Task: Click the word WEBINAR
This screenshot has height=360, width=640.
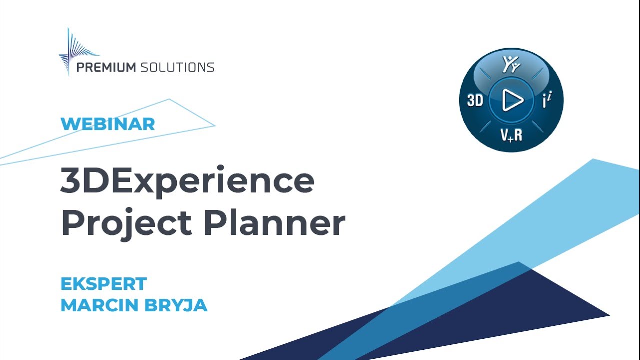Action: pos(108,124)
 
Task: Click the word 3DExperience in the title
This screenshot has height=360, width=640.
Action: pos(187,182)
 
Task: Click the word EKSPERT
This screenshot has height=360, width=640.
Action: pos(103,284)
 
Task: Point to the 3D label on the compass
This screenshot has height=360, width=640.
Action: pos(475,101)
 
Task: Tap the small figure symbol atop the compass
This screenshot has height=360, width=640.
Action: pos(510,65)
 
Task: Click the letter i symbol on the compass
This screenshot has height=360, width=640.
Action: pos(547,101)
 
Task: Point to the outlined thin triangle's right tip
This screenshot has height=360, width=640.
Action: pos(214,125)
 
